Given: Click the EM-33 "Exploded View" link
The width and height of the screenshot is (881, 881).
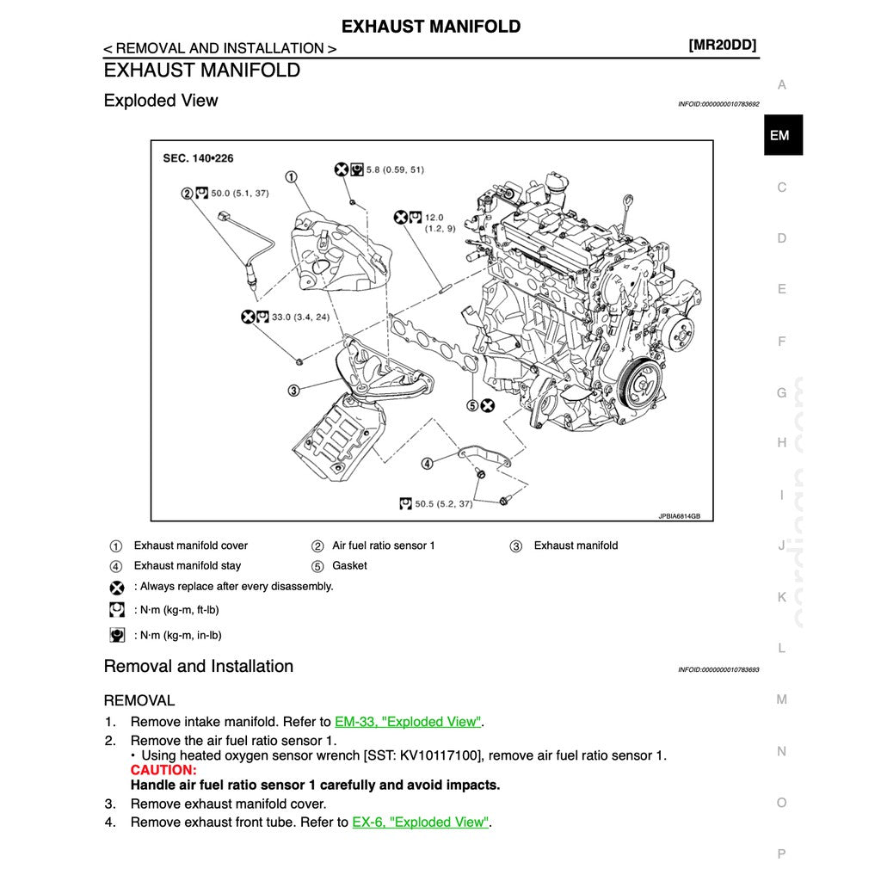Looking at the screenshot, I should pos(408,722).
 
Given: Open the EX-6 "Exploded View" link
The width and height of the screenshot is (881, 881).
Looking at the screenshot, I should pos(420,822).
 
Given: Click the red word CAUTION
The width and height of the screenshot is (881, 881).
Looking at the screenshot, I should pos(163,770).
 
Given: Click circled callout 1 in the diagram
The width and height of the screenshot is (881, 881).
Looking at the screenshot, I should pos(292,177).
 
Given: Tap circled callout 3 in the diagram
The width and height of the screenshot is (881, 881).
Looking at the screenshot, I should pos(294,391).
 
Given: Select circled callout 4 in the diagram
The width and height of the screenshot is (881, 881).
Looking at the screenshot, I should pos(428,464).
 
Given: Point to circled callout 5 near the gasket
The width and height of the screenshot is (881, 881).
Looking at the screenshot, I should pos(472,404).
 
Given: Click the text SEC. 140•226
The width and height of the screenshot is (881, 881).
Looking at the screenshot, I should pos(198,158).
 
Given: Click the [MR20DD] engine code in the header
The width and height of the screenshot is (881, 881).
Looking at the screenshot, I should pos(723,46).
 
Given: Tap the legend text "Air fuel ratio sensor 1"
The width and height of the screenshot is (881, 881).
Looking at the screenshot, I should pos(384,545).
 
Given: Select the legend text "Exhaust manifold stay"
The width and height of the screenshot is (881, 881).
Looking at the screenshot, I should pos(188,566).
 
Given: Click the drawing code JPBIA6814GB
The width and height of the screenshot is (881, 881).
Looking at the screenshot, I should pos(680,516).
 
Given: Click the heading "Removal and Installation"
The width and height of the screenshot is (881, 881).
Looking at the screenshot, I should pos(199,666).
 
